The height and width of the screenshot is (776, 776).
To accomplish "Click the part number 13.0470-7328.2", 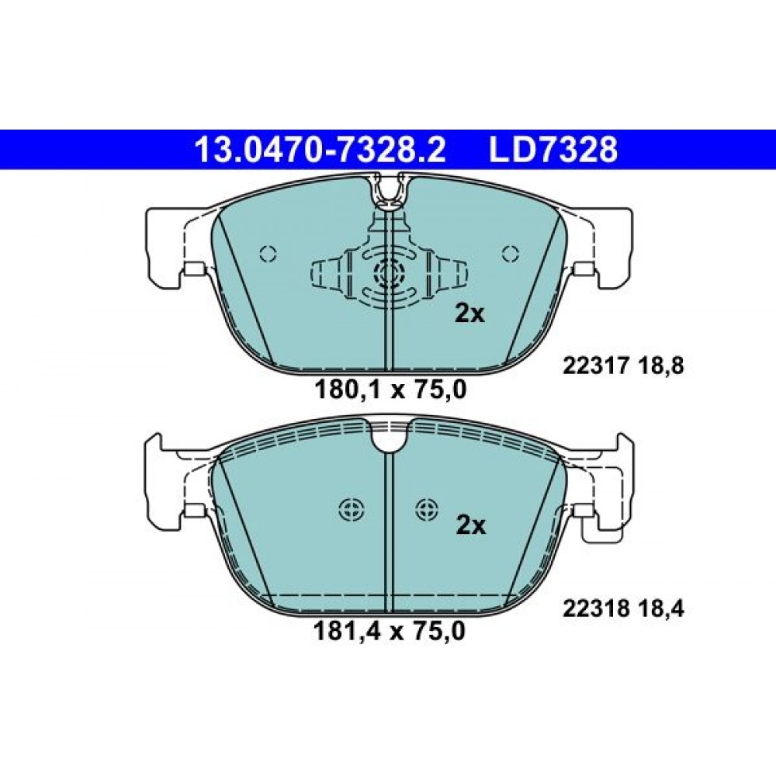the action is [x=320, y=150].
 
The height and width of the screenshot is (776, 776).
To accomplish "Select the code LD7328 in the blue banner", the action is [x=553, y=150].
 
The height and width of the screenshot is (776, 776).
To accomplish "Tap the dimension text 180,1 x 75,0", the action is [x=390, y=390].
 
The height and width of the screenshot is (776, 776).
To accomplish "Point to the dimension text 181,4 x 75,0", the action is [x=390, y=632].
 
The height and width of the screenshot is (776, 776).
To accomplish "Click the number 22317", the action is [x=596, y=367].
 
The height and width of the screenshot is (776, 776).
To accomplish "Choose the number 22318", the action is [x=596, y=608].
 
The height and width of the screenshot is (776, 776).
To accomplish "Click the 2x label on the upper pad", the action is [x=469, y=314].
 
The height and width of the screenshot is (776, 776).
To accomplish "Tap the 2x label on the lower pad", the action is [x=471, y=525].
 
